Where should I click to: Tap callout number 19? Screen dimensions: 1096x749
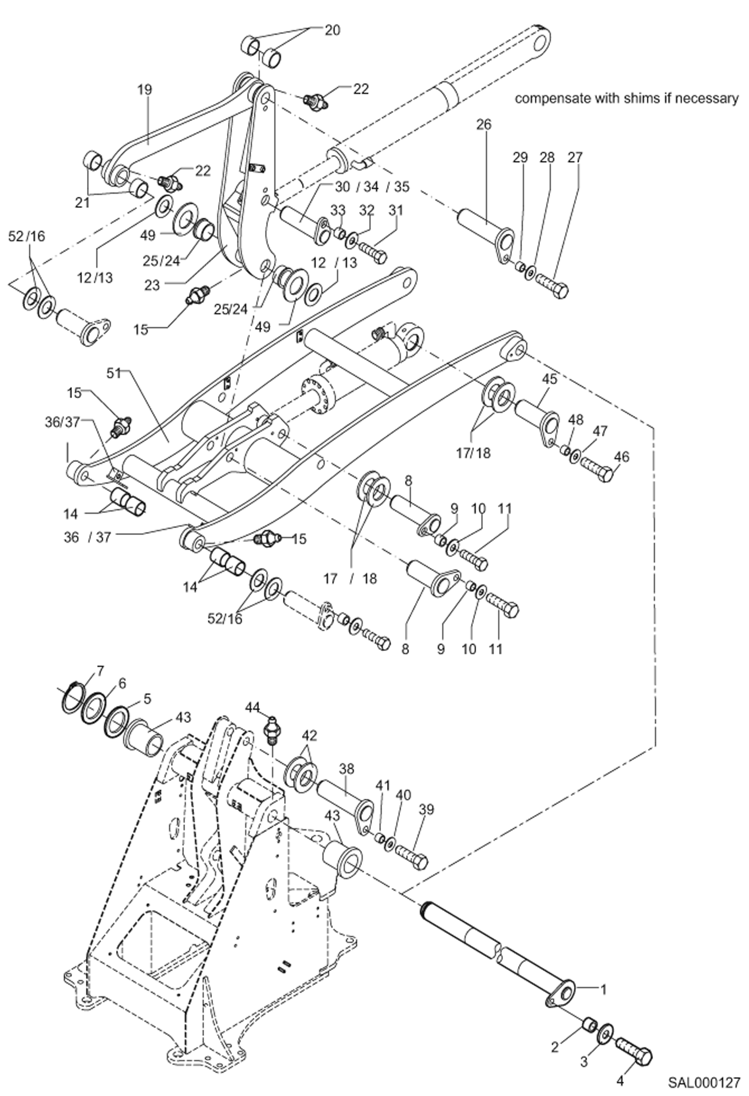tap(145, 90)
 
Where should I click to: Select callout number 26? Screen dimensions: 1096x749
tap(483, 124)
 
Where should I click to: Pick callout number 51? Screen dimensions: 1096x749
tap(114, 373)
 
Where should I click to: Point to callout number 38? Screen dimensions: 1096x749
tap(346, 768)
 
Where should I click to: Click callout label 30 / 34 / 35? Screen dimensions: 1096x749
tap(372, 187)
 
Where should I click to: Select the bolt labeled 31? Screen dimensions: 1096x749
tap(372, 251)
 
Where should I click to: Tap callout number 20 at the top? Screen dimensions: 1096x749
tap(332, 30)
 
